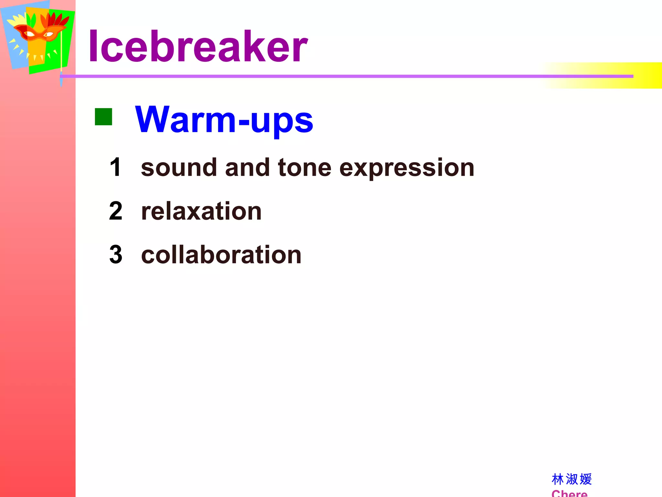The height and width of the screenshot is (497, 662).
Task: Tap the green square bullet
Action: (x=103, y=117)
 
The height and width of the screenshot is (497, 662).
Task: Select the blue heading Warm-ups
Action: (x=224, y=120)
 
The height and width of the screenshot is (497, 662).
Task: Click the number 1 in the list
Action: (x=115, y=167)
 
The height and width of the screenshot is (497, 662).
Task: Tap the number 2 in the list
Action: (x=116, y=211)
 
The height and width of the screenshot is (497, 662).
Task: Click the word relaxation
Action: (x=201, y=211)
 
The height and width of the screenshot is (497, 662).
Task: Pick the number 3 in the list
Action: (x=116, y=255)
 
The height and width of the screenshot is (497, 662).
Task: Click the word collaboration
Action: (x=221, y=255)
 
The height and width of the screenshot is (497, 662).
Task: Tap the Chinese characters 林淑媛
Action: (x=571, y=479)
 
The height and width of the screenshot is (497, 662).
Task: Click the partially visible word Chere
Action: (x=569, y=493)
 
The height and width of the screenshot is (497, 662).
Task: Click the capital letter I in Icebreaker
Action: (x=93, y=46)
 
